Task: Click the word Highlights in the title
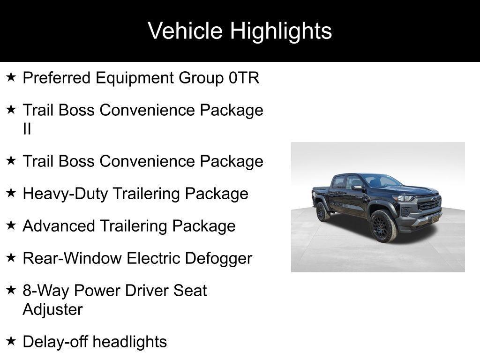(x=281, y=31)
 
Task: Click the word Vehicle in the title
(x=185, y=31)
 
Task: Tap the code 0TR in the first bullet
(x=244, y=78)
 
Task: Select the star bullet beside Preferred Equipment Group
(x=11, y=77)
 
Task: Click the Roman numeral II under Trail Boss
(x=27, y=129)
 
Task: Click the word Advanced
(x=59, y=226)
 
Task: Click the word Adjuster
(x=52, y=309)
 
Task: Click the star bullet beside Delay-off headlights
(x=11, y=341)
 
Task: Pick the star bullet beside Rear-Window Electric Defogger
(x=11, y=257)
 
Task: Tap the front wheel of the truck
(x=383, y=226)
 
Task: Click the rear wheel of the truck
(x=322, y=212)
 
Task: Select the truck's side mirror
(x=358, y=187)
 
